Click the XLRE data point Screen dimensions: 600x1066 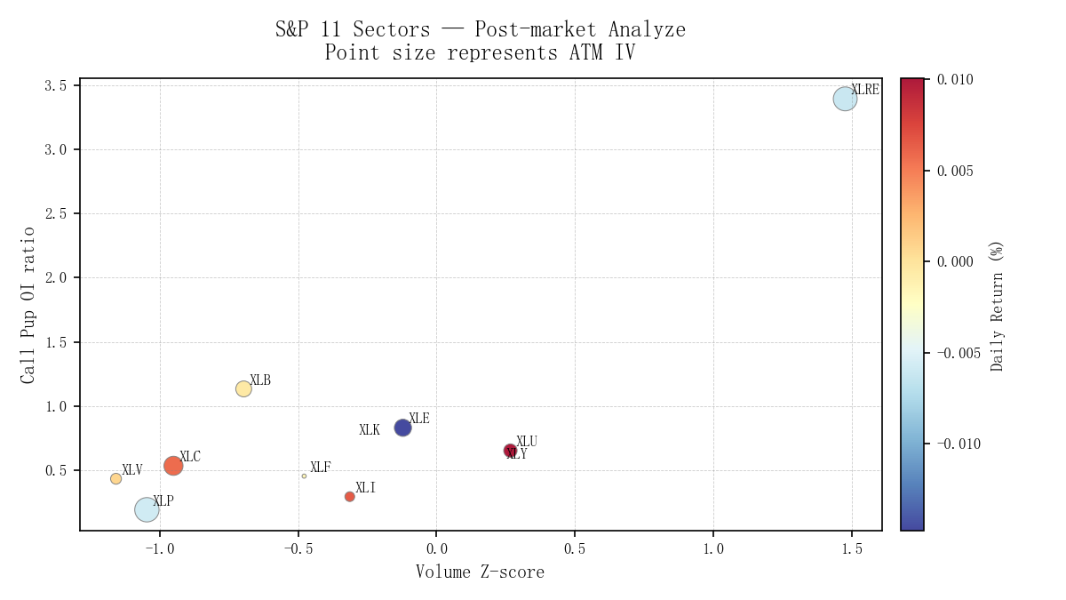pos(845,99)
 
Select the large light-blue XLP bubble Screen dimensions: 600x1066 pos(147,509)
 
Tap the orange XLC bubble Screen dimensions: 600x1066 pos(173,465)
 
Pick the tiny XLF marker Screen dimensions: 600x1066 pos(304,476)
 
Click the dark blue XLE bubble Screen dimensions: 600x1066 pos(402,428)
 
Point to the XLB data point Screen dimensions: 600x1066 pos(243,388)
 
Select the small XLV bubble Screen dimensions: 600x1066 pos(115,478)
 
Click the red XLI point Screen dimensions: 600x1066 pos(349,496)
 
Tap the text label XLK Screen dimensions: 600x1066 pos(370,430)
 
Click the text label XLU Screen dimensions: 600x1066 pos(527,442)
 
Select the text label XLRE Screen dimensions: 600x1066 pos(864,90)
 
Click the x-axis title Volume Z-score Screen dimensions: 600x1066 pos(480,572)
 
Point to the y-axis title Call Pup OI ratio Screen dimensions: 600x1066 pos(28,305)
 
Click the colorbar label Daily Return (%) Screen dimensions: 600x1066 pos(998,305)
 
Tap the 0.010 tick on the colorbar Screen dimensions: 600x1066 pos(955,80)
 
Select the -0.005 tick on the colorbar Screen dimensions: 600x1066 pos(959,353)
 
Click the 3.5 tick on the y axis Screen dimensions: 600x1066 pos(57,85)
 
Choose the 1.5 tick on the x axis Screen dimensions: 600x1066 pos(852,549)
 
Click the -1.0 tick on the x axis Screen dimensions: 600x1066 pos(159,549)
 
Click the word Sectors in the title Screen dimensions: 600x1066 pos(393,29)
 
